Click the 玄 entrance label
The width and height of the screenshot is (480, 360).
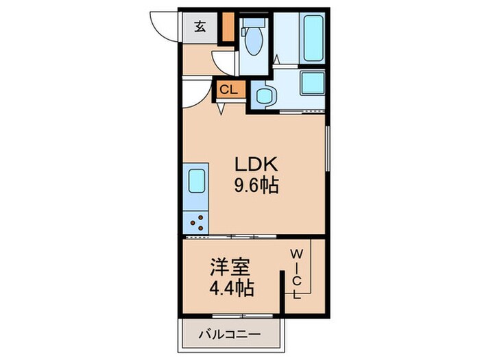200,27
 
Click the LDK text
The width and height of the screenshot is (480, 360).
256,165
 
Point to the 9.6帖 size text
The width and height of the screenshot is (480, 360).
256,185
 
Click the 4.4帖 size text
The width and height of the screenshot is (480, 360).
230,286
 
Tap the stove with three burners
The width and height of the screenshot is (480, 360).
196,221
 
